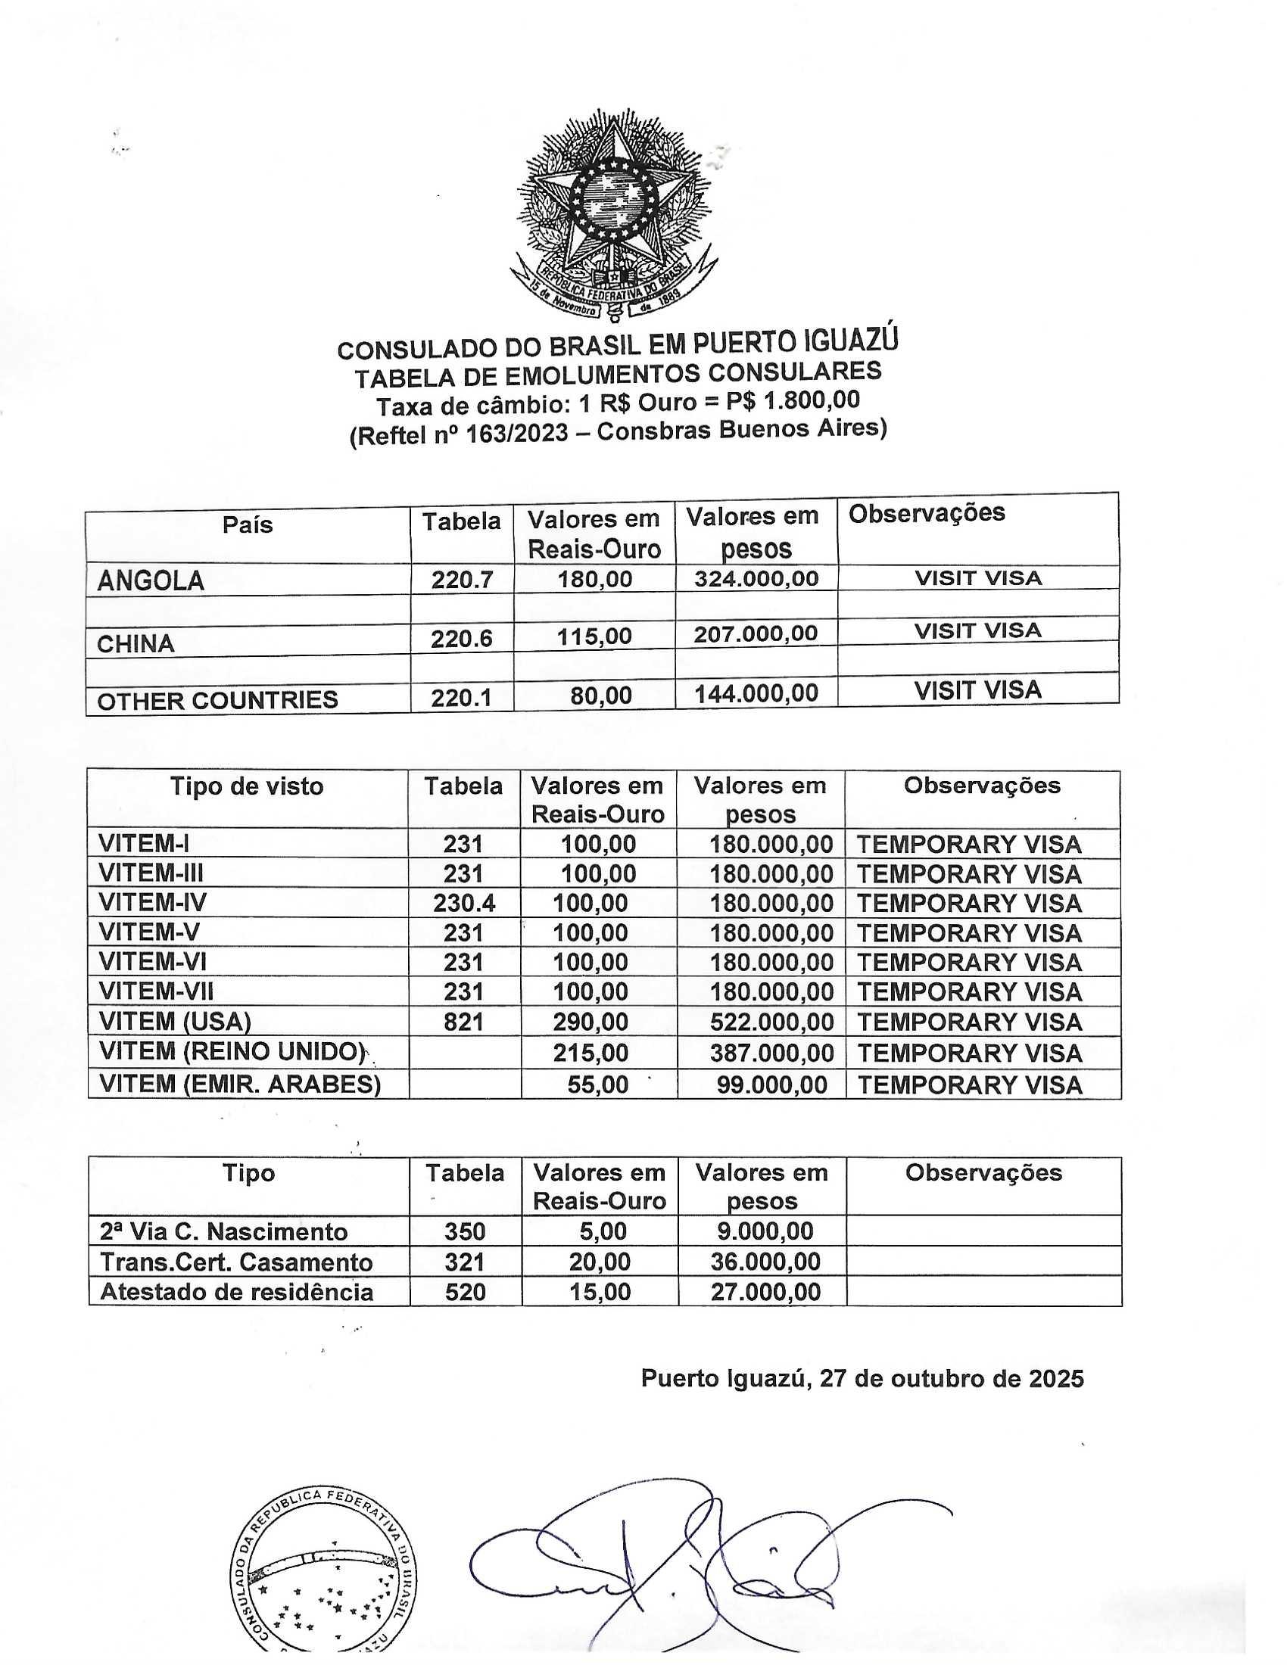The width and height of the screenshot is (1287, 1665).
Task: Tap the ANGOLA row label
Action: (150, 582)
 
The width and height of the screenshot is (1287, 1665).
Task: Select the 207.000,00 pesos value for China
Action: (756, 634)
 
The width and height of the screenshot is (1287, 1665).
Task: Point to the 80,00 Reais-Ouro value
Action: (599, 696)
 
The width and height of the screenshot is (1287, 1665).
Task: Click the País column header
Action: (247, 525)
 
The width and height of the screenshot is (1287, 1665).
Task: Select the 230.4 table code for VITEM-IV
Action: (464, 904)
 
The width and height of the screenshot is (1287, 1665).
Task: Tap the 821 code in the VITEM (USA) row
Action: (463, 1022)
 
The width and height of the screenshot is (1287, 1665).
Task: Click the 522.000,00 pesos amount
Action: (771, 1022)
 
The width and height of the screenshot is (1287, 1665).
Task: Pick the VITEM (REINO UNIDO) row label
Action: (232, 1052)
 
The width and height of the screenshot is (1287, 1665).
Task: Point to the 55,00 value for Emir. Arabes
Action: (598, 1085)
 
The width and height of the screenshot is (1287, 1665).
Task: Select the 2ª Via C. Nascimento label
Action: (223, 1232)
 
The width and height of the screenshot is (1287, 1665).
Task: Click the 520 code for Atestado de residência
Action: (465, 1292)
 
